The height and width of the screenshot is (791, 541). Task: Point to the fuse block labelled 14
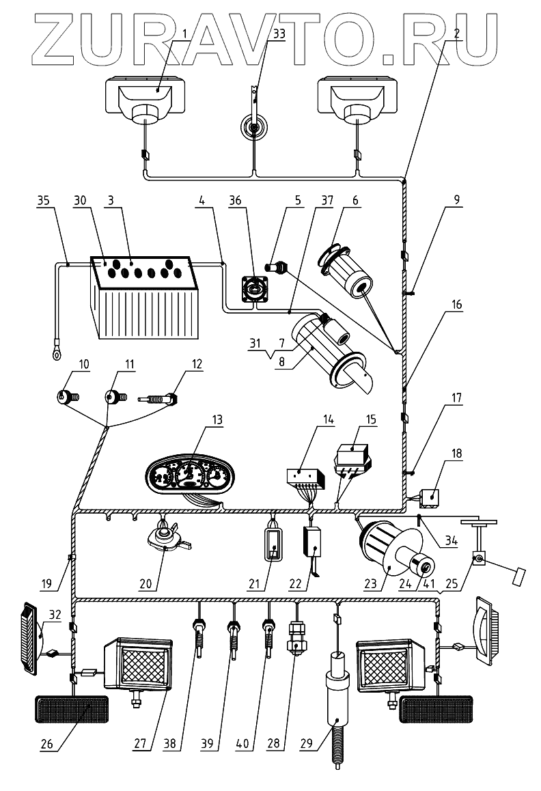click(x=304, y=474)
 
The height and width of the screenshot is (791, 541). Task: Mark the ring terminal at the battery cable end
click(x=53, y=352)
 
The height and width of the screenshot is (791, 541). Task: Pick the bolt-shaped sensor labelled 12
click(x=160, y=398)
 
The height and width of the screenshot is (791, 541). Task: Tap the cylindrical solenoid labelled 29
click(x=339, y=704)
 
